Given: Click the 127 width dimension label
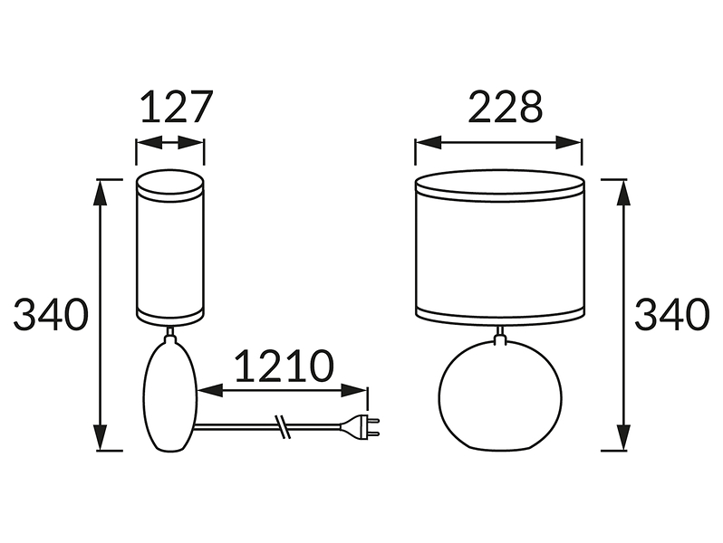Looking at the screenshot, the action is (x=177, y=107).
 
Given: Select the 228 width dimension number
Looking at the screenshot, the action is (x=506, y=107).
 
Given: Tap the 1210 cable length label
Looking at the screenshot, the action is (x=284, y=367).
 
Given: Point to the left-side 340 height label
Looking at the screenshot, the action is (x=51, y=314).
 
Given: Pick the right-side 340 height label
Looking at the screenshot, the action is (x=672, y=314).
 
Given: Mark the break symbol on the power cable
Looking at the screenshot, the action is (x=282, y=426).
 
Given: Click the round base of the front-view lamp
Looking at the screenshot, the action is (x=500, y=395).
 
